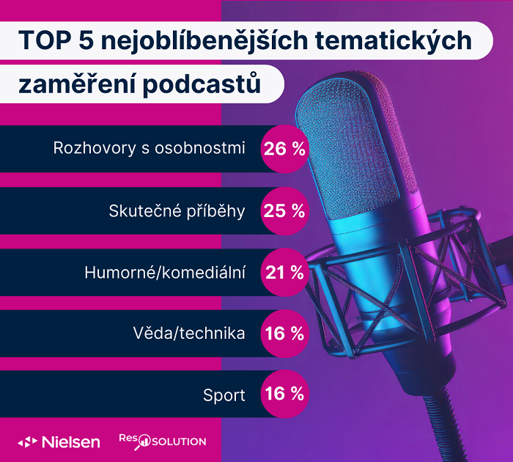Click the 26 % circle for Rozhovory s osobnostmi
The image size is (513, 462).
[284, 149]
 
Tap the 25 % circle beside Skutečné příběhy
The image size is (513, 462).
[284, 211]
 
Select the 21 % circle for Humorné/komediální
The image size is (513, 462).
[284, 273]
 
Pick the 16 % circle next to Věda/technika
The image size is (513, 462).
[284, 334]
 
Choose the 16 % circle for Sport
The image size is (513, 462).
[284, 395]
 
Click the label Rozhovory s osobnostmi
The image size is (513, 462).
[149, 148]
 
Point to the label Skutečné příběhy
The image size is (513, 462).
[177, 211]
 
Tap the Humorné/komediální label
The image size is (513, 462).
[165, 273]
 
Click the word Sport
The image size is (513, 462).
[224, 395]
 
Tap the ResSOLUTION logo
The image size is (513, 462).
[163, 440]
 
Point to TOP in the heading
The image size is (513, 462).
[42, 40]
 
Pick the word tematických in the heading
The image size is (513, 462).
[394, 40]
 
